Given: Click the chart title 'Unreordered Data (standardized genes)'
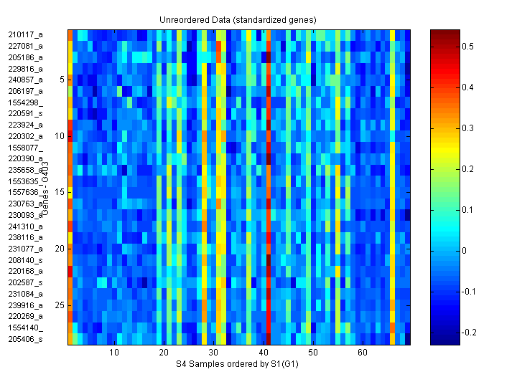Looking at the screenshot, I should click(238, 19).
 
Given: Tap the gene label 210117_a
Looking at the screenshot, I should click(25, 34).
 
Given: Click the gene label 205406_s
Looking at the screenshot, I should click(25, 338).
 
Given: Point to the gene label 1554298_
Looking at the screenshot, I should click(25, 102).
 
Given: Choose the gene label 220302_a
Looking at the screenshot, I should click(25, 135).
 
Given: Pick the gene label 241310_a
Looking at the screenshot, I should click(25, 226).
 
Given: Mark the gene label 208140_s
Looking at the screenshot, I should click(25, 259).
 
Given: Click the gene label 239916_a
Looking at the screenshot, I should click(25, 305).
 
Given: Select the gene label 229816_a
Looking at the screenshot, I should click(25, 68).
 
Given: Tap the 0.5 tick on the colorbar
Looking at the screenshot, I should click(467, 46).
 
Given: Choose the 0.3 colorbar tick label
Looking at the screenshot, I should click(467, 128).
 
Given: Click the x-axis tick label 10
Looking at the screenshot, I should click(113, 353).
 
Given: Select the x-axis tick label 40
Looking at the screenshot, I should click(263, 353).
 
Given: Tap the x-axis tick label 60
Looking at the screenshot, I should click(363, 353).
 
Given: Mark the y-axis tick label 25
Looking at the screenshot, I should click(60, 305).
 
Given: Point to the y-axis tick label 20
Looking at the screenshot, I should click(60, 248).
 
